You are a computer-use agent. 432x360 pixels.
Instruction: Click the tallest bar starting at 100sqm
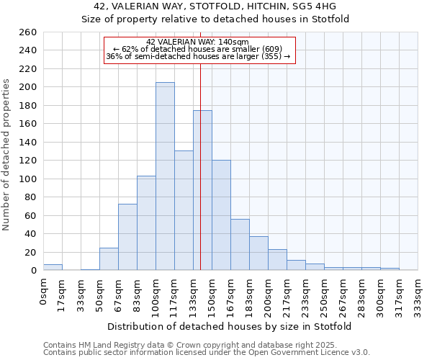tap(165, 176)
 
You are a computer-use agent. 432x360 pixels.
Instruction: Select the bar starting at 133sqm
tap(202, 191)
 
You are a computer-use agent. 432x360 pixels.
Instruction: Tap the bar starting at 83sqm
tap(146, 223)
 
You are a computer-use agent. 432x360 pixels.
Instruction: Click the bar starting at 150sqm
tap(221, 215)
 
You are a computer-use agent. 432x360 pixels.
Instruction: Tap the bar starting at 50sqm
tap(109, 259)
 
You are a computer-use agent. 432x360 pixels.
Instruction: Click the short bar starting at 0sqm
tap(53, 267)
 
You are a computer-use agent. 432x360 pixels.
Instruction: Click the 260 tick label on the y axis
tap(28, 32)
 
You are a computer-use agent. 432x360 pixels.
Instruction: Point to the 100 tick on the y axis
tap(28, 179)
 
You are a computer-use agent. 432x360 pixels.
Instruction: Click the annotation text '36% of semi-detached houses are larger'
tap(197, 56)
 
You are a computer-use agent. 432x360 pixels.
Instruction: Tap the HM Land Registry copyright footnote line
tap(185, 345)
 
